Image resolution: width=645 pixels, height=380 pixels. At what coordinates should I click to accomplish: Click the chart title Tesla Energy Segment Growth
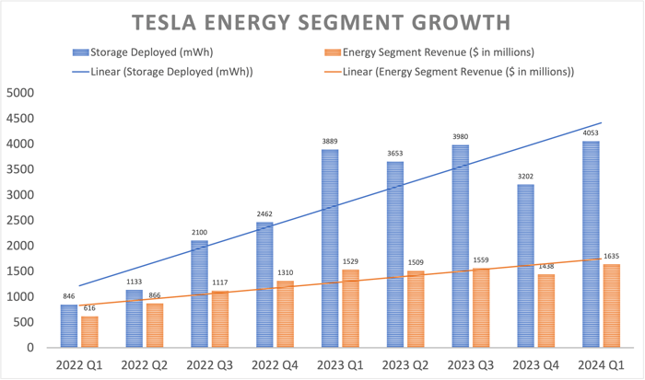(322, 22)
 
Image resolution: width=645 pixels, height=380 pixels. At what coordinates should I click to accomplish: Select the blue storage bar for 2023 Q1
(330, 248)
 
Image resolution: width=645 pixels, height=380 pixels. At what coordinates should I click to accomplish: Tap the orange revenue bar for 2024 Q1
(611, 306)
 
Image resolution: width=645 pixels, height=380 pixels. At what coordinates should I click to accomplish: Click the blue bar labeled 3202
(526, 266)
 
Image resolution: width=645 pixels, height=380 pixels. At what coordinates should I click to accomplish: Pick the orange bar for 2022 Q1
(88, 332)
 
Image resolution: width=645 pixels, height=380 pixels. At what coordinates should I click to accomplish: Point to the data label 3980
(461, 138)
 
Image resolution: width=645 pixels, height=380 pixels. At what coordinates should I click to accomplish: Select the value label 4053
(591, 133)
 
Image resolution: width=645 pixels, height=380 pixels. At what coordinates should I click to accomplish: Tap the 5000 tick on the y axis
(19, 93)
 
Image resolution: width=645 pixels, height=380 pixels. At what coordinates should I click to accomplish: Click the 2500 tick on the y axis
(19, 221)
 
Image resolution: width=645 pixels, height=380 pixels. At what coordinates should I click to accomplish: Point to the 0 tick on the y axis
(29, 348)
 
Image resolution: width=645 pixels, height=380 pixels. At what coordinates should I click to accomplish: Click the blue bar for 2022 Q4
(264, 285)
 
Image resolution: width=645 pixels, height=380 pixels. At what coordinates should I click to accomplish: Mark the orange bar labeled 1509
(415, 309)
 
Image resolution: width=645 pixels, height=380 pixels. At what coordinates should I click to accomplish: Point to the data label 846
(68, 297)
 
